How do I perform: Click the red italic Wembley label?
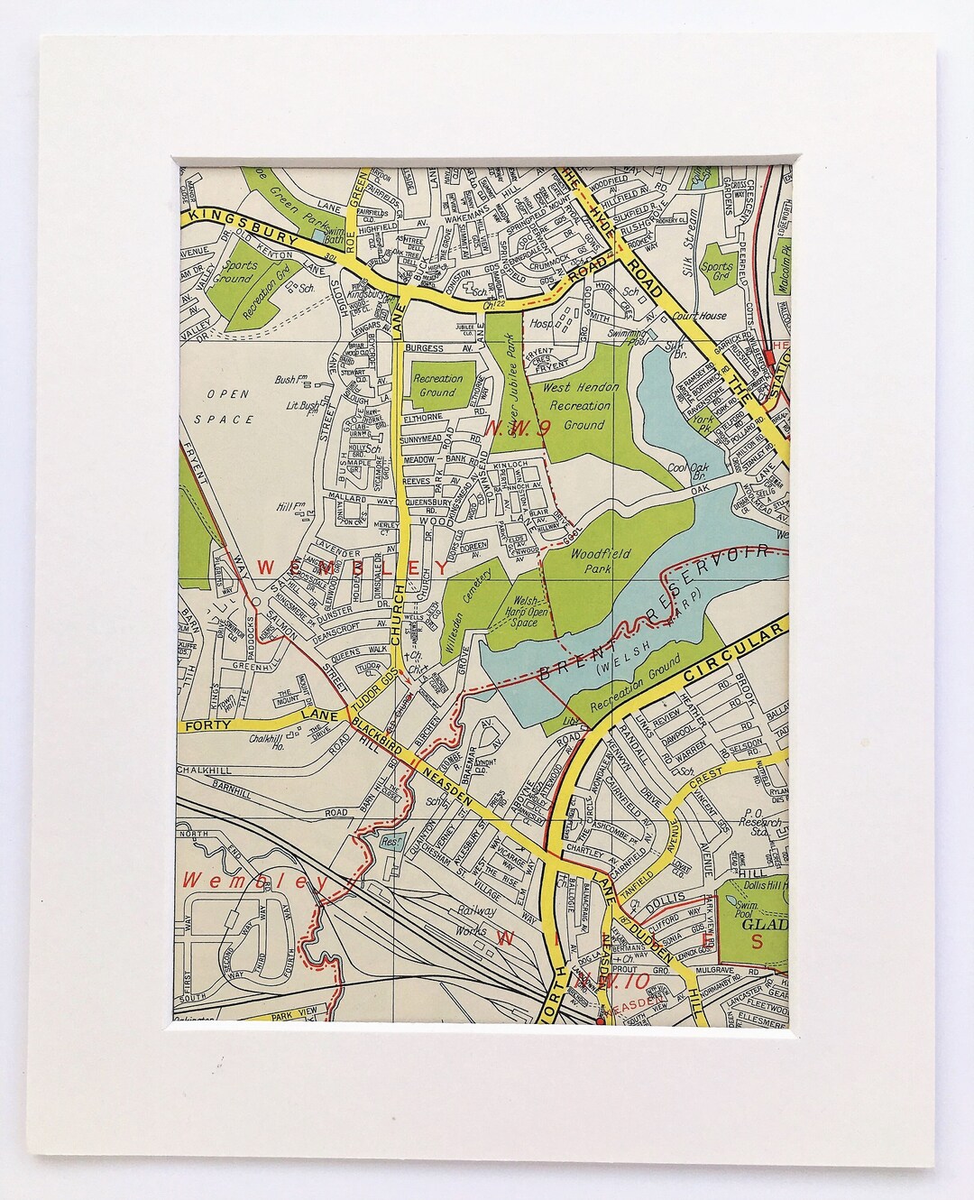click(x=243, y=881)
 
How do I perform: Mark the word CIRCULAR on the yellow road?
click(x=730, y=650)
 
